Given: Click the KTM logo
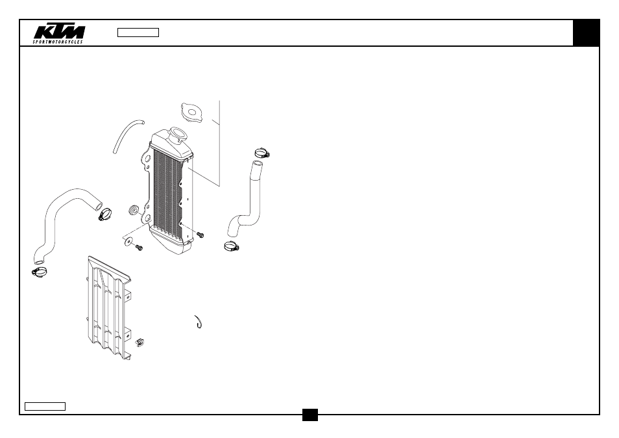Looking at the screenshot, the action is pos(59,32).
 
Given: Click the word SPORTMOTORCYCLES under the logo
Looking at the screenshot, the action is pos(58,42).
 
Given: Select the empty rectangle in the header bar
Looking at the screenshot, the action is pos(138,32).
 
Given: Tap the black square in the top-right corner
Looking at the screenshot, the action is pos(587,32).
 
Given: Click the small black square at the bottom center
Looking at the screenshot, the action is pos(310,415).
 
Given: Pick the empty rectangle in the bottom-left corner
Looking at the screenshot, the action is pos(45,406).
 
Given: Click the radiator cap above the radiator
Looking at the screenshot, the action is pos(192,112).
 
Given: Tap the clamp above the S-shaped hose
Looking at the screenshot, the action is pos(261,152).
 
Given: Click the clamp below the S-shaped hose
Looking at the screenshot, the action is pos(232,246).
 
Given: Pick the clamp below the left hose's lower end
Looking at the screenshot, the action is pos(39,272).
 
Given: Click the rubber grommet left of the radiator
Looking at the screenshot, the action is pos(134,211).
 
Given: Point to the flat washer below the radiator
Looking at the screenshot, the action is pos(128,240).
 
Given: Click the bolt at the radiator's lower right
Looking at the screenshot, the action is pos(200,235).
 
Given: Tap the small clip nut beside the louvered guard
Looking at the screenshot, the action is pos(140,342).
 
